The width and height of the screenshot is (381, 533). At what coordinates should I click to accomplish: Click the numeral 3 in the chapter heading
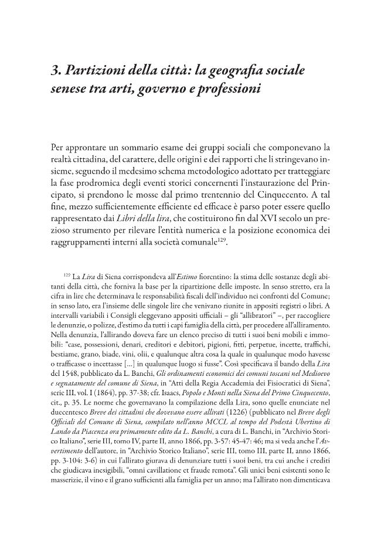click(x=56, y=72)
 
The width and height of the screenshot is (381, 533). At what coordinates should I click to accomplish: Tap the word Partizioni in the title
click(x=91, y=72)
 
